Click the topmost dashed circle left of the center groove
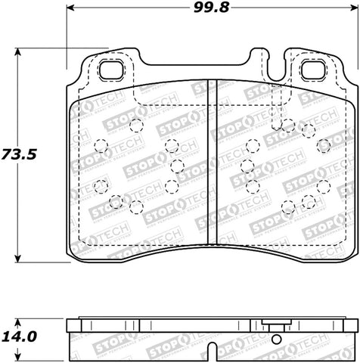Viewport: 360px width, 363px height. click(x=136, y=125)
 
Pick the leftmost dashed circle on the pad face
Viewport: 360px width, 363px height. click(x=99, y=147)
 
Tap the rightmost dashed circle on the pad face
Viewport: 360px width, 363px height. click(x=324, y=187)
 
